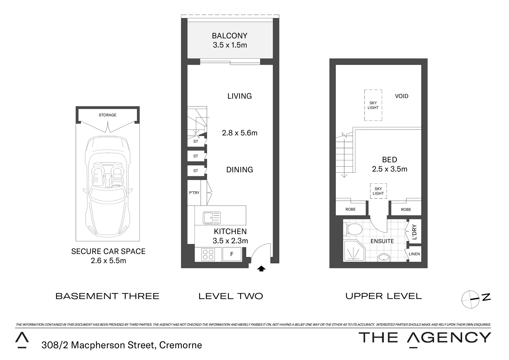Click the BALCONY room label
pyautogui.click(x=230, y=36)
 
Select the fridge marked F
pyautogui.click(x=232, y=254)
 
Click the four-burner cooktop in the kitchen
pyautogui.click(x=208, y=255)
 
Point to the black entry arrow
pyautogui.click(x=261, y=269)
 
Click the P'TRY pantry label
pyautogui.click(x=194, y=193)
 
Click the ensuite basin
pyautogui.click(x=384, y=257)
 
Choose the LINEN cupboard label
pyautogui.click(x=414, y=254)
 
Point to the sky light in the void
pyautogui.click(x=373, y=105)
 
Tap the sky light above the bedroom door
pyautogui.click(x=378, y=191)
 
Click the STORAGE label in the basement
pyautogui.click(x=108, y=115)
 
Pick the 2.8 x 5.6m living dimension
pyautogui.click(x=240, y=133)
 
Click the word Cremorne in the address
pyautogui.click(x=181, y=345)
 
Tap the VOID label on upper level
pyautogui.click(x=401, y=96)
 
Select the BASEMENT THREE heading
pyautogui.click(x=107, y=296)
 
